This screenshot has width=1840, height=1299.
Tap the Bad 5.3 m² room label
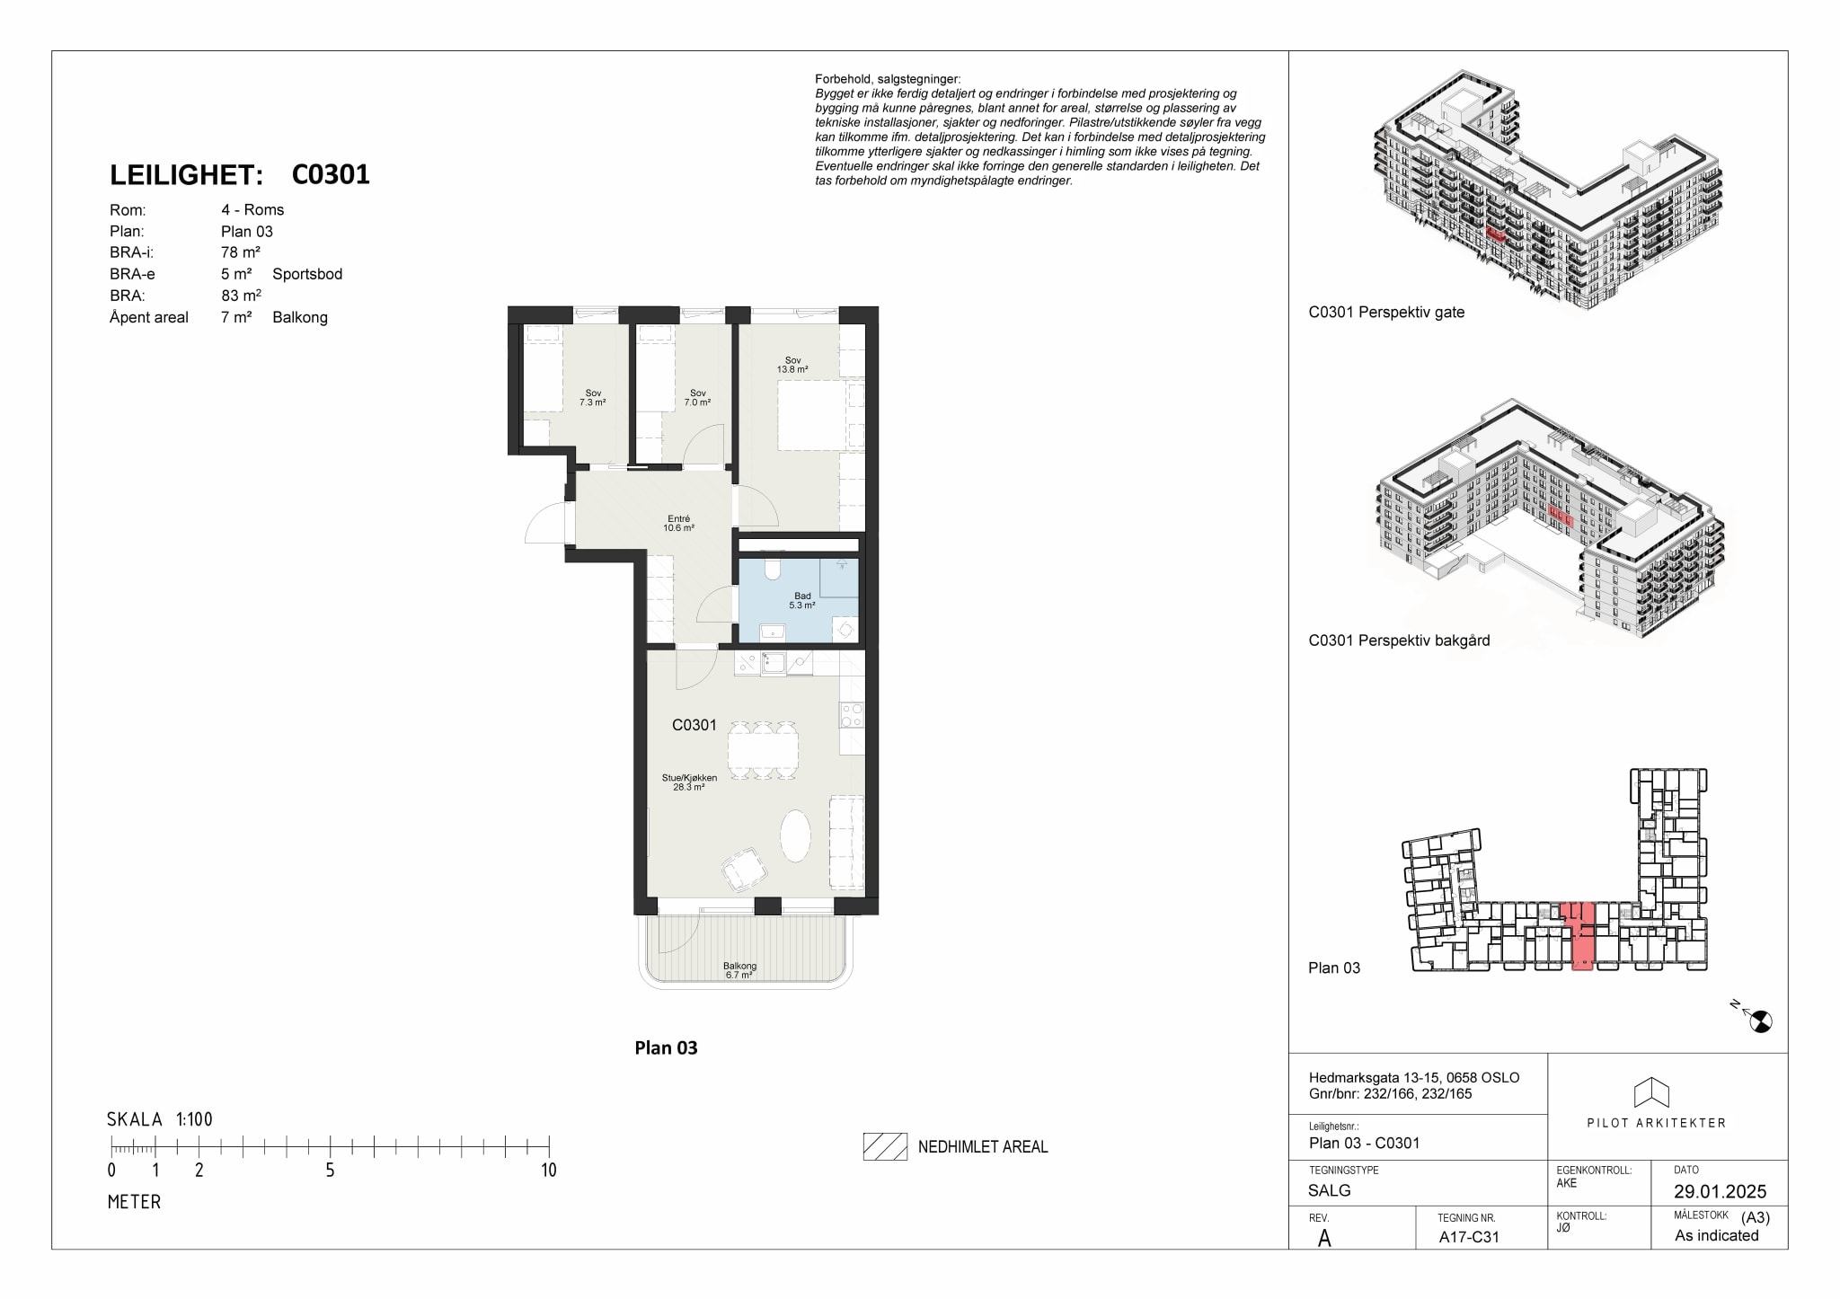[802, 601]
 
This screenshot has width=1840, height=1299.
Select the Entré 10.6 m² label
[678, 523]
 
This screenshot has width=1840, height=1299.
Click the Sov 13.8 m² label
[792, 365]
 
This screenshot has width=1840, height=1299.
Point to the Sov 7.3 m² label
[593, 397]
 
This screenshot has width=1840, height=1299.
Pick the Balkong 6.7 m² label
[739, 970]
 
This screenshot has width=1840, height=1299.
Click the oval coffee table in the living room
[795, 836]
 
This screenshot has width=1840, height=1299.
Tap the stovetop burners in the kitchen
[852, 715]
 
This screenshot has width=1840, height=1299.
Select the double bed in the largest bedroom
[821, 416]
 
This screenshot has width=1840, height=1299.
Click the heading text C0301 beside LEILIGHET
[331, 174]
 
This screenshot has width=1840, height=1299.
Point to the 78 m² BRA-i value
[241, 252]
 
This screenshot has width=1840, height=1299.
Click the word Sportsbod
[307, 274]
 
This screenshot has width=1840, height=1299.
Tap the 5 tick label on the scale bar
[330, 1170]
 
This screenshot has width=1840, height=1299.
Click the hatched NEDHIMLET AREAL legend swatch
[885, 1146]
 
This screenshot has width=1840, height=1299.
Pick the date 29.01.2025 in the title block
[1720, 1192]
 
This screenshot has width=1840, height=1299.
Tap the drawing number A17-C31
[1469, 1236]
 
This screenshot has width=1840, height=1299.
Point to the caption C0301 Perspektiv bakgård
[1399, 641]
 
